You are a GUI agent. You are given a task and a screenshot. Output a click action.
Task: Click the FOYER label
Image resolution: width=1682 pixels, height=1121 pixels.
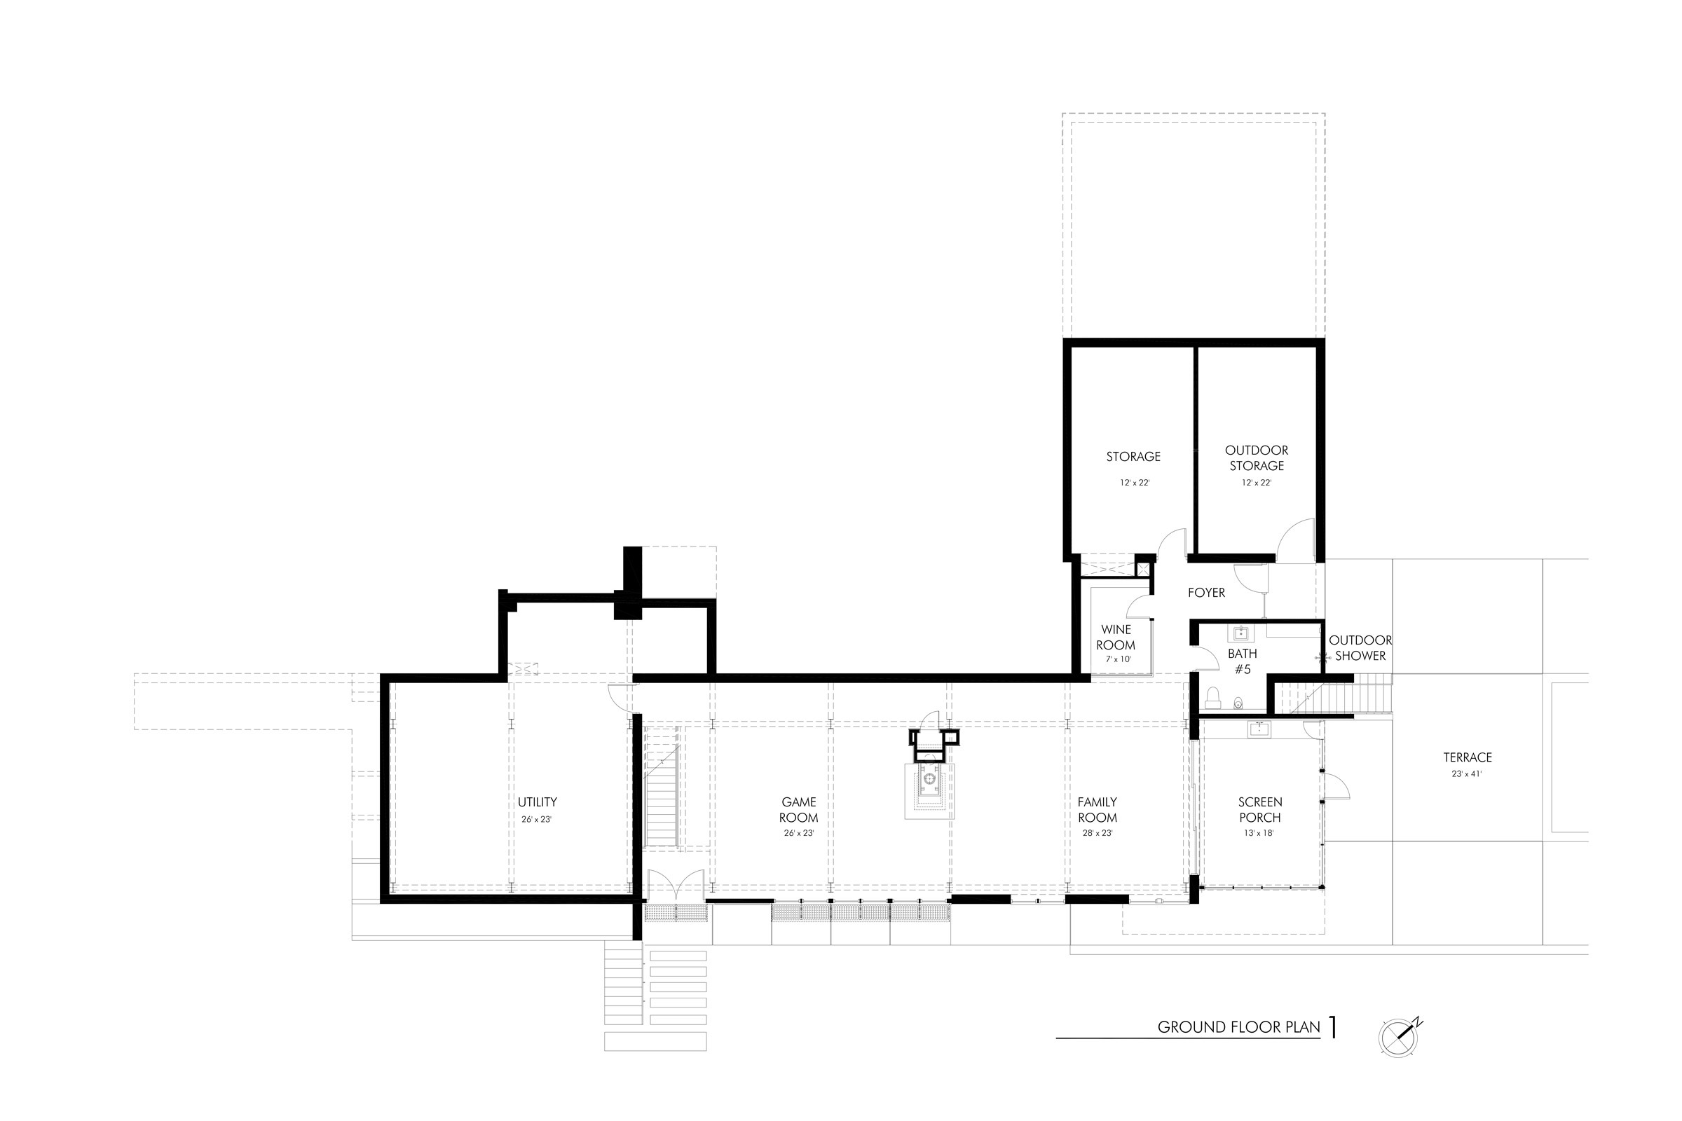1205,593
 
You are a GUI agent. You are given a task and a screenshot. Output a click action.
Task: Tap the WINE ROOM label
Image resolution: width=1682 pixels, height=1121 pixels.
1116,637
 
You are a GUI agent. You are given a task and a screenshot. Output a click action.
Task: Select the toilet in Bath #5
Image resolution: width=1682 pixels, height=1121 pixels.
1213,698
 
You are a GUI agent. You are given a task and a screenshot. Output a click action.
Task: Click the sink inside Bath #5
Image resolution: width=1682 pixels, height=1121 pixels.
1240,633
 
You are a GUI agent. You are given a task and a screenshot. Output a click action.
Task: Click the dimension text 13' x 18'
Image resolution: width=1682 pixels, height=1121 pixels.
1259,833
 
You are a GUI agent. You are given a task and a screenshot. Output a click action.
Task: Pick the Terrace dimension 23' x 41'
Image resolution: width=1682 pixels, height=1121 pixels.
1467,773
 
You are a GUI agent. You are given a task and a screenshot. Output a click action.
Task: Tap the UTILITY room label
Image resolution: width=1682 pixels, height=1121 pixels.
537,802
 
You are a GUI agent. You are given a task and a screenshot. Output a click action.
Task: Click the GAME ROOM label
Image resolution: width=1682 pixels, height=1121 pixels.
798,810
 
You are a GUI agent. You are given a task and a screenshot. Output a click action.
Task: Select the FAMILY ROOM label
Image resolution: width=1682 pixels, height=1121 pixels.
1097,810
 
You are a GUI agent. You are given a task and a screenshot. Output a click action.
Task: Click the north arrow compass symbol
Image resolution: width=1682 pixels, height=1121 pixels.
1398,1037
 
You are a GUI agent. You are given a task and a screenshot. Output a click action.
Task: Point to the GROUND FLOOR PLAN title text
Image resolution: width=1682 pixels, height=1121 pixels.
1238,1027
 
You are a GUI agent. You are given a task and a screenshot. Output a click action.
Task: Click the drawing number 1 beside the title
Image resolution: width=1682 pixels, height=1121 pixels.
1332,1026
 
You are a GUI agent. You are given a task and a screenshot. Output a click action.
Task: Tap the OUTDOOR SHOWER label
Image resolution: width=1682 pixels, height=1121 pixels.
1360,647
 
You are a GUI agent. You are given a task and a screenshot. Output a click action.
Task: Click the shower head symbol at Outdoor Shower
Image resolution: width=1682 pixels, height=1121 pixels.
1322,656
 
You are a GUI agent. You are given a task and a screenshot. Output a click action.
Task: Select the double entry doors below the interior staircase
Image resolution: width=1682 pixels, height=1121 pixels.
676,886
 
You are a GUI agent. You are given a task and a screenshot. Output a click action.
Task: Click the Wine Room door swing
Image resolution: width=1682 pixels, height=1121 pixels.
1140,607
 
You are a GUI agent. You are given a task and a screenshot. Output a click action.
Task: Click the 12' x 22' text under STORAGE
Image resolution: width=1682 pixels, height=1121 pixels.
1134,483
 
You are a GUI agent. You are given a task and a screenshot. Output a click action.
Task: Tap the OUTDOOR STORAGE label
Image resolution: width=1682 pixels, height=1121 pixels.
1257,458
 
